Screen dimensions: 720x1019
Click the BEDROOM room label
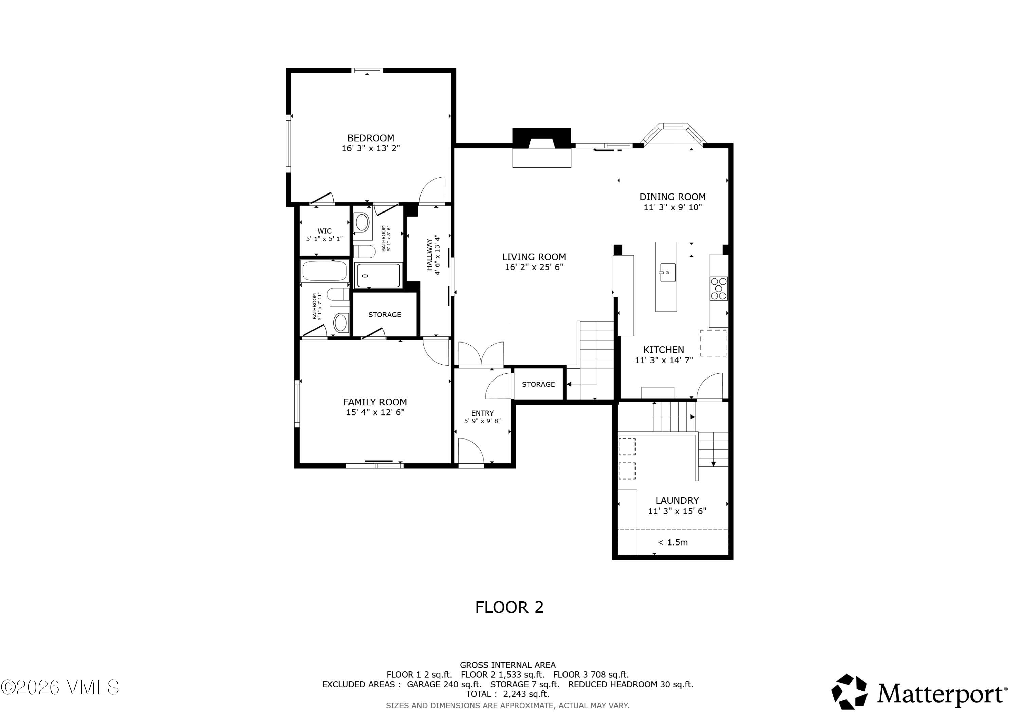pos(371,138)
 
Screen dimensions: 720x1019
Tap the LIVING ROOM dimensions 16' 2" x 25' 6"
pos(534,267)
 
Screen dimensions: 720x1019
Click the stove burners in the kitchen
pos(718,288)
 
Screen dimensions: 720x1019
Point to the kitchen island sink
pos(667,272)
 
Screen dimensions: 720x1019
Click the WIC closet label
pos(324,231)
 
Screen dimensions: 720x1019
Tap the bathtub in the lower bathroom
pos(324,271)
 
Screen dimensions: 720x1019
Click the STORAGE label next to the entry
pos(538,384)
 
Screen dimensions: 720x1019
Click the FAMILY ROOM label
pos(375,402)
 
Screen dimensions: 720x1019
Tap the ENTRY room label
pos(482,413)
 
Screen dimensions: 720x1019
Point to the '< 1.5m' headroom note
pos(673,542)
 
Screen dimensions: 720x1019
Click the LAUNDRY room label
pos(677,500)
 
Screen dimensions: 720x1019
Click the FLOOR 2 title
pos(509,607)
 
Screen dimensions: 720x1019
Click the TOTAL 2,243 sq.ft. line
pos(507,694)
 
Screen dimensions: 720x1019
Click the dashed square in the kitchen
pos(713,343)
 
